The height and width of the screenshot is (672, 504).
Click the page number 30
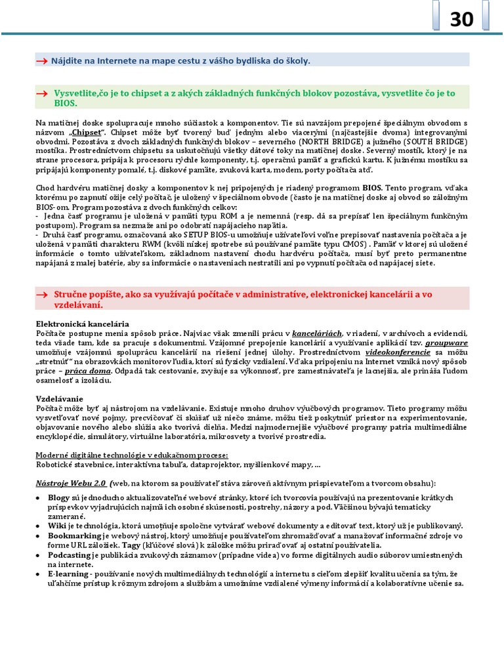[x=461, y=20]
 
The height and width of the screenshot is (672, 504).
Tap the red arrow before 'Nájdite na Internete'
[x=41, y=61]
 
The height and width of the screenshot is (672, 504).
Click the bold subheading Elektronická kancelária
[x=82, y=324]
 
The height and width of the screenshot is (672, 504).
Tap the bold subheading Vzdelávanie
[x=59, y=399]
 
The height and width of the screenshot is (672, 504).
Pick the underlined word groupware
[x=446, y=343]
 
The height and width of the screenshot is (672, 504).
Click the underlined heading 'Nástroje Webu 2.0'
[x=71, y=483]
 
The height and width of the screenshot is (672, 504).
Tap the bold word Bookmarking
[x=73, y=535]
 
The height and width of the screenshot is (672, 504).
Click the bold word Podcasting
[x=69, y=555]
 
